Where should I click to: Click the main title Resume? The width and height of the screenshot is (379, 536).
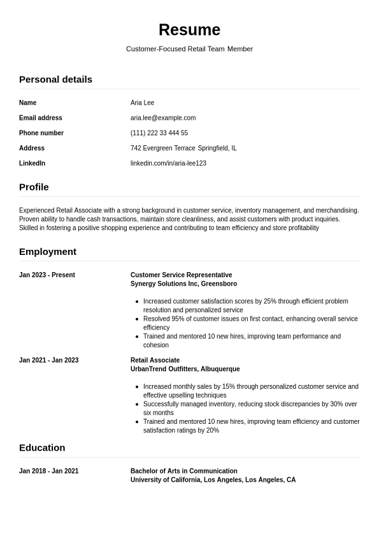pyautogui.click(x=189, y=30)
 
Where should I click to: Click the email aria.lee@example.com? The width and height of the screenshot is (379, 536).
pyautogui.click(x=163, y=118)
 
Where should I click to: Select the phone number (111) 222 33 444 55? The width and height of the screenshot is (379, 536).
pyautogui.click(x=159, y=133)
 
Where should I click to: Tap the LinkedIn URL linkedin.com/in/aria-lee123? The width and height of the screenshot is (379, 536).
pyautogui.click(x=168, y=163)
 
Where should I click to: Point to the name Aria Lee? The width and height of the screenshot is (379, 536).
pyautogui.click(x=142, y=103)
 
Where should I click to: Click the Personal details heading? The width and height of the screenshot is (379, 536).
pyautogui.click(x=55, y=80)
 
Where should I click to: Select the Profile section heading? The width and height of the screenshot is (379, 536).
pyautogui.click(x=34, y=187)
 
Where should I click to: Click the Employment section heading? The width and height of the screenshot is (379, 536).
pyautogui.click(x=48, y=252)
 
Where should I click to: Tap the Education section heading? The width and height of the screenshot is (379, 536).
pyautogui.click(x=42, y=447)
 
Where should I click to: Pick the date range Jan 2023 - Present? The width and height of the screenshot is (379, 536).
pyautogui.click(x=47, y=275)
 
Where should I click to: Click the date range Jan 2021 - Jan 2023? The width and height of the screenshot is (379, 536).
pyautogui.click(x=49, y=360)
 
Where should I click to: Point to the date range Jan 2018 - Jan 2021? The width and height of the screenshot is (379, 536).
pyautogui.click(x=49, y=471)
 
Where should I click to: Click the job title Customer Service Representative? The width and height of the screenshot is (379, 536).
pyautogui.click(x=181, y=275)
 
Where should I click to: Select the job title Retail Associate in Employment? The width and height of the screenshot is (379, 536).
pyautogui.click(x=155, y=360)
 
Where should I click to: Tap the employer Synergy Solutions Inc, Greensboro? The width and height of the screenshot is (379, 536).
pyautogui.click(x=183, y=284)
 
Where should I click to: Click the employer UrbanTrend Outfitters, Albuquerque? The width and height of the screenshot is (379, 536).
pyautogui.click(x=185, y=369)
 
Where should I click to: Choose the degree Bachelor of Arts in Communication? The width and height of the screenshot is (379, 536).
pyautogui.click(x=183, y=471)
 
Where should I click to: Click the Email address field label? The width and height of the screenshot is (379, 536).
pyautogui.click(x=41, y=118)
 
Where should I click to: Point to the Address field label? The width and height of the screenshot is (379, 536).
pyautogui.click(x=32, y=148)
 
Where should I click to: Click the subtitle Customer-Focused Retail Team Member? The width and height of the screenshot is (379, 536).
pyautogui.click(x=189, y=49)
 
